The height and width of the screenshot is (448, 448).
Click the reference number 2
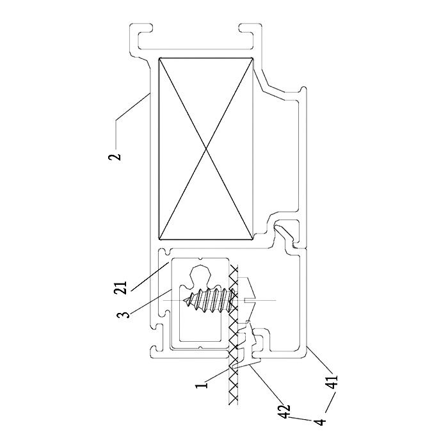(115, 157)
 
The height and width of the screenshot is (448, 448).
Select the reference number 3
(122, 315)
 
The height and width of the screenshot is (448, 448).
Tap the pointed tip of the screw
(183, 301)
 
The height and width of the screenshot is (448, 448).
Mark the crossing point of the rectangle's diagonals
(205, 148)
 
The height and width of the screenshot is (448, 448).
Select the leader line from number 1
(218, 375)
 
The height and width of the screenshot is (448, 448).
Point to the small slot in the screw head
(248, 300)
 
